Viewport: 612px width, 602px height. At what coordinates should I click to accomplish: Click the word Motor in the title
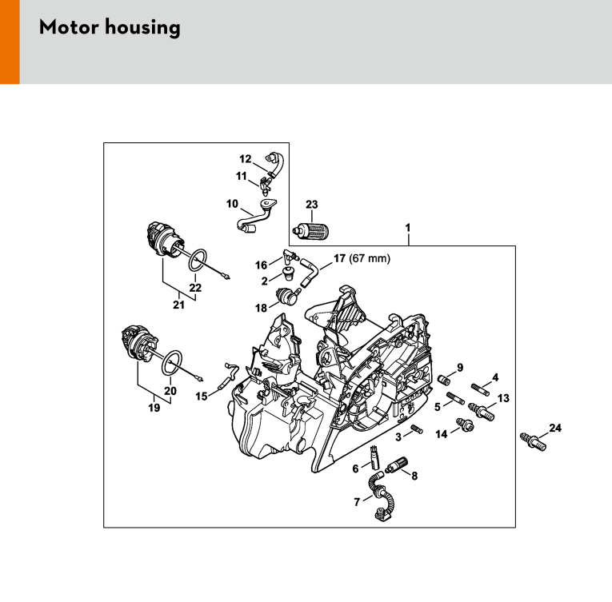[68, 27]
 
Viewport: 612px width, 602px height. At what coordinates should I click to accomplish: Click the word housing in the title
[142, 28]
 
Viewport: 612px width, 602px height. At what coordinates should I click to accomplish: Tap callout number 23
[311, 205]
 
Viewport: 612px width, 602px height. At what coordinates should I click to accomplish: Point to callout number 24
[555, 428]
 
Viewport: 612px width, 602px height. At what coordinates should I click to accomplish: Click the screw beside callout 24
[533, 441]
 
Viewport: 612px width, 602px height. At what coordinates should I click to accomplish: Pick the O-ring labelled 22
[198, 261]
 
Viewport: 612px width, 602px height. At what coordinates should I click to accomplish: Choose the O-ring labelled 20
[172, 363]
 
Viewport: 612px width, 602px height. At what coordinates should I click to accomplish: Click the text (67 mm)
[370, 259]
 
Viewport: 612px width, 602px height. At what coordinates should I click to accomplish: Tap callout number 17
[339, 258]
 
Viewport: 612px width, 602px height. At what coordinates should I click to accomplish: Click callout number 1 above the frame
[408, 228]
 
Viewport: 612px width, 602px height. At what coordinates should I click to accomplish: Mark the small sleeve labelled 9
[443, 379]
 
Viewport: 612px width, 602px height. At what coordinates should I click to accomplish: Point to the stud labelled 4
[481, 390]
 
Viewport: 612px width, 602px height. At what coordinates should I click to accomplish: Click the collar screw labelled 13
[482, 412]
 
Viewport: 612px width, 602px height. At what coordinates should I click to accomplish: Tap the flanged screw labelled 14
[465, 425]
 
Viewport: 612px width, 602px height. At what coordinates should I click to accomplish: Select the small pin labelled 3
[417, 429]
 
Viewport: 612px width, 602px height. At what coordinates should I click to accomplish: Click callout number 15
[202, 397]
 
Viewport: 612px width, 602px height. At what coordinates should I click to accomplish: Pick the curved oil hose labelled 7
[381, 496]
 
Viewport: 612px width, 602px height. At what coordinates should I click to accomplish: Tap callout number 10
[232, 204]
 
